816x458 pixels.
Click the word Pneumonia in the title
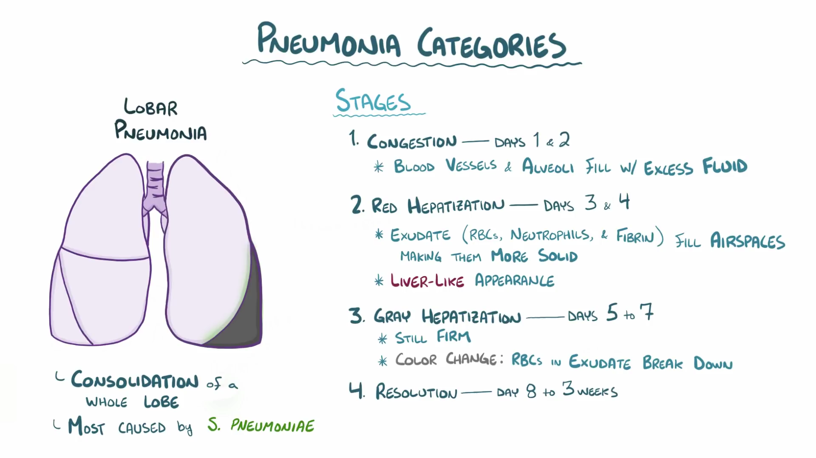[x=329, y=41]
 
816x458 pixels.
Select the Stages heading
[x=373, y=101]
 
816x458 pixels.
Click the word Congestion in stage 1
[x=412, y=141]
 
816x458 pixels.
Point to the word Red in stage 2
[x=384, y=206]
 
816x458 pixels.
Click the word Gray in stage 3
[x=392, y=317]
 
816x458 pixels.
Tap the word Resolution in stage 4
[x=416, y=392]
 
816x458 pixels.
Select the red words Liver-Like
[x=427, y=281]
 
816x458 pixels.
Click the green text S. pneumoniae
[x=261, y=425]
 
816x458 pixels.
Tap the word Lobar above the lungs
[x=150, y=107]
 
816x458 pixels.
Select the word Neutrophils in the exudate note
[x=551, y=235]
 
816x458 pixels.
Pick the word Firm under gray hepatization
[x=453, y=337]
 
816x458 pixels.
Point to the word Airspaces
[x=747, y=241]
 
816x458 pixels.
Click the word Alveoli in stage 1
[x=548, y=167]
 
